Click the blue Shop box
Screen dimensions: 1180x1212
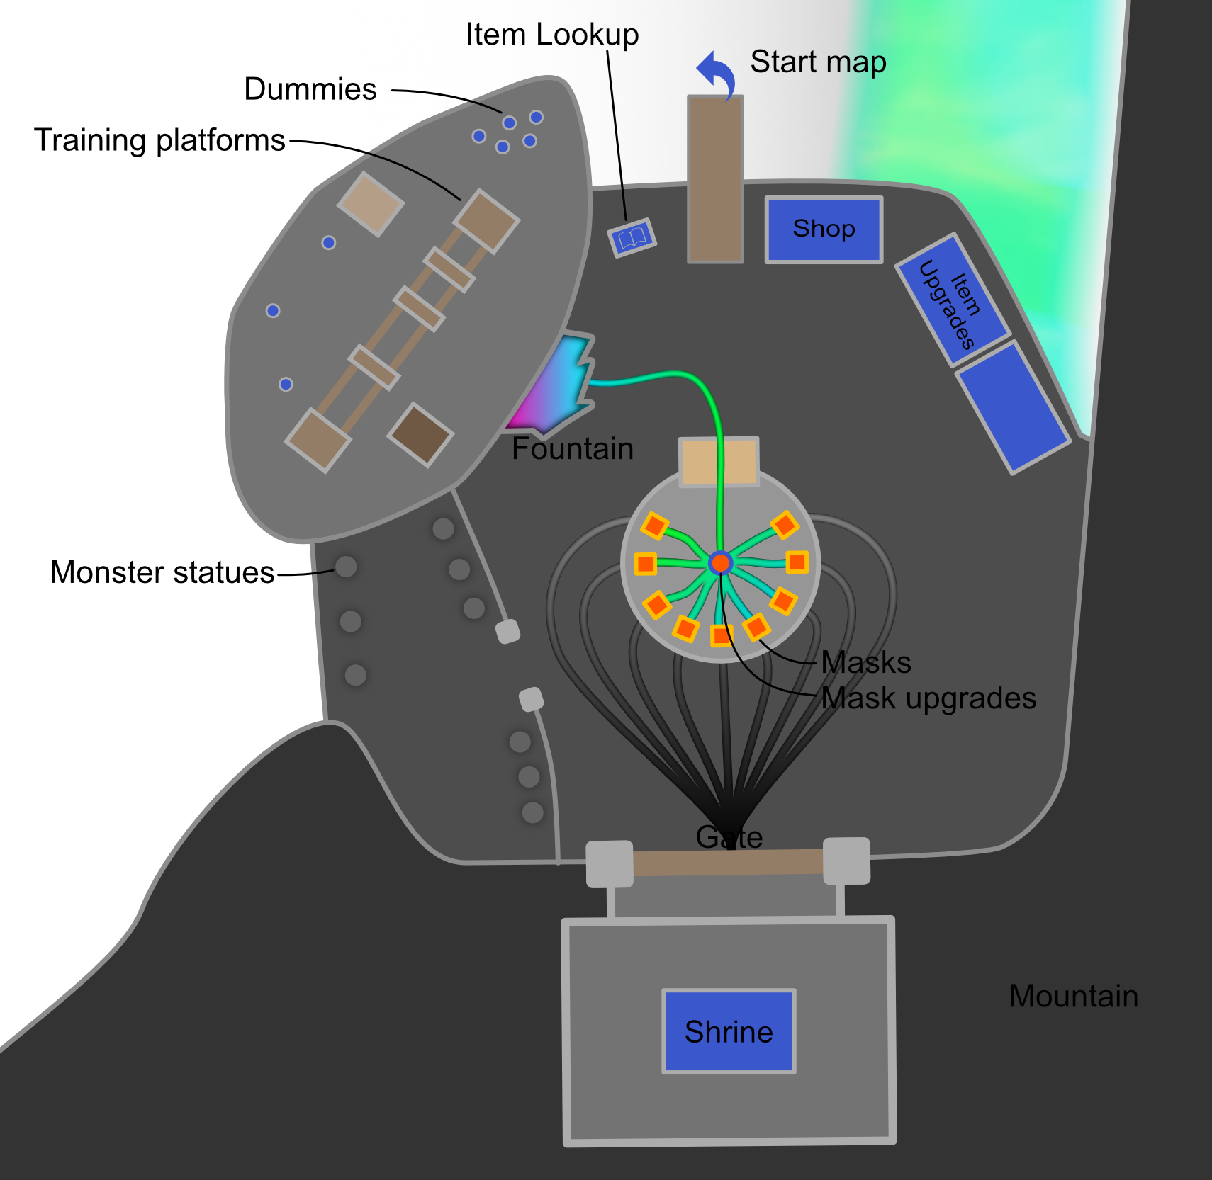click(x=824, y=229)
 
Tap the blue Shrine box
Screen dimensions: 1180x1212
click(x=729, y=1031)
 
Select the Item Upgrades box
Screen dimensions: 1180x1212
click(x=952, y=300)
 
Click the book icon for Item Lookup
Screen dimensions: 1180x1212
click(x=632, y=238)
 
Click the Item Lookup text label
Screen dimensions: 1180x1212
click(x=551, y=34)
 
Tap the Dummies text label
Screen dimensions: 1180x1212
click(x=310, y=89)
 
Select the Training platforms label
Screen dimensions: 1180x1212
click(x=159, y=140)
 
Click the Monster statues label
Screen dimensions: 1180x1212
click(x=162, y=572)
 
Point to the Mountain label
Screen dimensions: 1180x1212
click(x=1073, y=996)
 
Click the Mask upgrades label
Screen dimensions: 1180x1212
click(x=928, y=698)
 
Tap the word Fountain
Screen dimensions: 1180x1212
click(x=573, y=449)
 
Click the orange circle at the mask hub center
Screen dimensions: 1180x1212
click(x=720, y=563)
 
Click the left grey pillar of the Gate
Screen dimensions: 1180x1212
click(x=610, y=863)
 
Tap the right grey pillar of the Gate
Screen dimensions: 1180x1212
click(x=846, y=861)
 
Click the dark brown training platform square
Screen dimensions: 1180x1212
click(x=420, y=434)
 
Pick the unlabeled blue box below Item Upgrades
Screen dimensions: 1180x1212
click(x=1013, y=407)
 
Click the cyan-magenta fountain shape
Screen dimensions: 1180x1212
click(x=556, y=386)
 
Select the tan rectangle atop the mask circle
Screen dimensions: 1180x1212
click(x=719, y=462)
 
